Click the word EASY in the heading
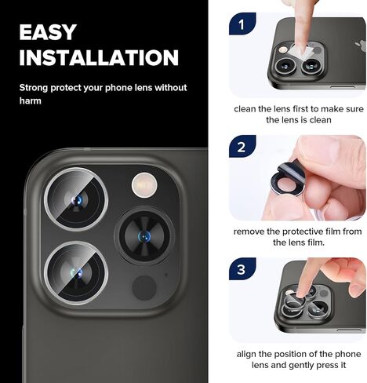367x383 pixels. pyautogui.click(x=48, y=32)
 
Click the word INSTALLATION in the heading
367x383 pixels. pyautogui.click(x=99, y=58)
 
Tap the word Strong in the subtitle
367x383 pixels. pyautogui.click(x=35, y=88)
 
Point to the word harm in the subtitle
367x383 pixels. pyautogui.click(x=31, y=100)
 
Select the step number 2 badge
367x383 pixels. pyautogui.click(x=242, y=147)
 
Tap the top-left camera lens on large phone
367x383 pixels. pyautogui.click(x=74, y=200)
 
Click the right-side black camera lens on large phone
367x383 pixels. pyautogui.click(x=144, y=235)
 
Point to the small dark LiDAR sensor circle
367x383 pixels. pyautogui.click(x=144, y=287)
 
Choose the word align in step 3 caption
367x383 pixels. pyautogui.click(x=246, y=354)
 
